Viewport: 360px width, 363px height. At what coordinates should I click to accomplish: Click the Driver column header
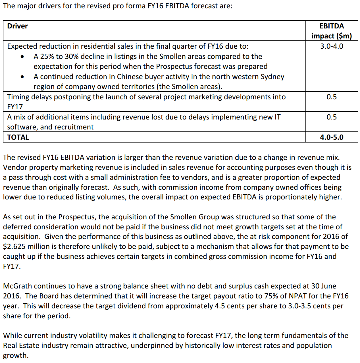pos(17,26)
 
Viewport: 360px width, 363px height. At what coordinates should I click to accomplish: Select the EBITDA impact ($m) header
pos(331,31)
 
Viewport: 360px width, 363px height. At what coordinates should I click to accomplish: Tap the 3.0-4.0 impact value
pos(331,46)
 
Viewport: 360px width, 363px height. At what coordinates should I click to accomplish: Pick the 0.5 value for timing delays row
pos(331,97)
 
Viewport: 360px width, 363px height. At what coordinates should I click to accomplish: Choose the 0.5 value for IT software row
pos(331,117)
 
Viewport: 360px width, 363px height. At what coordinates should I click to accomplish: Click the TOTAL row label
pos(18,137)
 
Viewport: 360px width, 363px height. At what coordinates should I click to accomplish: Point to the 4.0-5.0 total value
pos(331,137)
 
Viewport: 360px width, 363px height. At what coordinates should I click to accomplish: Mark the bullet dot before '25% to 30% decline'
pos(22,57)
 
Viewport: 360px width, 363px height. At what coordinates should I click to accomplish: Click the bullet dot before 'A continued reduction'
pos(22,77)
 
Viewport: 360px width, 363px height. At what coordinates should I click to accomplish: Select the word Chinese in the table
pos(130,77)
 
